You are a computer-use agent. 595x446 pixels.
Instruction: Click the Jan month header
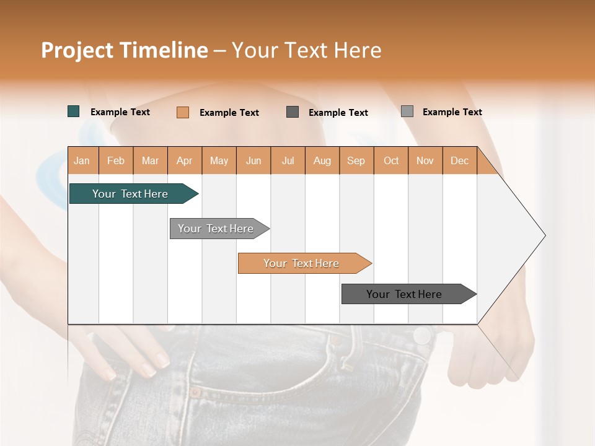coord(82,160)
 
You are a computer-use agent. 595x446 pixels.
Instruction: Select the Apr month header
coord(184,160)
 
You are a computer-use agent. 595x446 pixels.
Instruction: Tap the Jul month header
coord(288,160)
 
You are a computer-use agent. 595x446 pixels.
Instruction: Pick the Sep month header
coord(356,160)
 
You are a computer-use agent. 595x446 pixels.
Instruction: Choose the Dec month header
coord(459,160)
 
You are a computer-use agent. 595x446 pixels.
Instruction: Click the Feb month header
coord(116,160)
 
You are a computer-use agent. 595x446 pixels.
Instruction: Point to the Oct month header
coord(391,160)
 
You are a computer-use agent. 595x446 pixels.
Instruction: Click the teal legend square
coord(74,111)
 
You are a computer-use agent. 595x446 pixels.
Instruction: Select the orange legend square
coord(183,112)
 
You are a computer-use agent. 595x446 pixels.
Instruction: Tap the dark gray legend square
coord(293,112)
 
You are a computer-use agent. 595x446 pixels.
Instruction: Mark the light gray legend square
coord(407,111)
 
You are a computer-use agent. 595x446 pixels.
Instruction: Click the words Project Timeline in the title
coord(125,50)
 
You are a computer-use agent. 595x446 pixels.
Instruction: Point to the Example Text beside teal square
coord(120,112)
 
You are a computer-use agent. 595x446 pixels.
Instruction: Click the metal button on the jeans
coord(423,336)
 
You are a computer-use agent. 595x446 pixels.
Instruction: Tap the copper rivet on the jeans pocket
coord(195,392)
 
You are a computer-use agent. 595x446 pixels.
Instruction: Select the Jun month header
coord(253,160)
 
